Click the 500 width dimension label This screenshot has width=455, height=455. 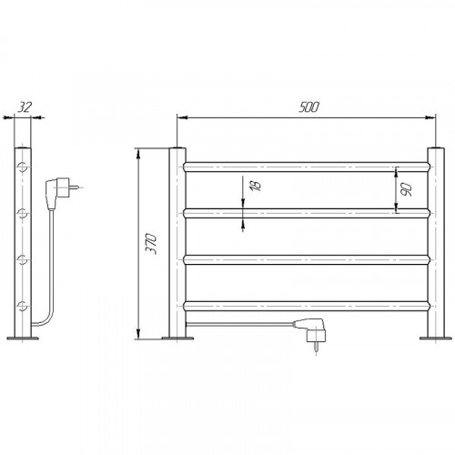pos(308,107)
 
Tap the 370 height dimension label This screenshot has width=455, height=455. pos(151,243)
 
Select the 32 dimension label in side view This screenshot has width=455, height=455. pos(24,107)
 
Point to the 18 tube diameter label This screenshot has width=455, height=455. pos(256,186)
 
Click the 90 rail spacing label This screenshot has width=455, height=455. pos(406,189)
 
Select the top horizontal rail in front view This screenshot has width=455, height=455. pos(307,167)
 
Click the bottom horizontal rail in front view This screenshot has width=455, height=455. pos(307,306)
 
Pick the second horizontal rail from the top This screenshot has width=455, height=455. pos(307,213)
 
